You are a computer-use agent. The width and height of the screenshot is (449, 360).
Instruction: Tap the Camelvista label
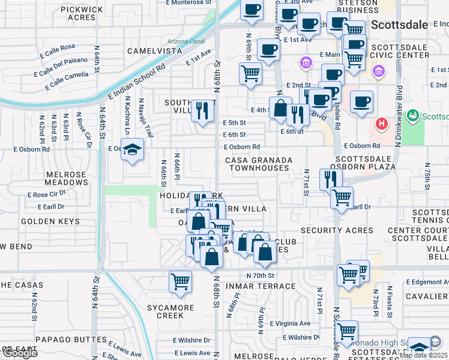154,51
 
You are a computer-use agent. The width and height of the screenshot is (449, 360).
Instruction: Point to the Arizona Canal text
186,41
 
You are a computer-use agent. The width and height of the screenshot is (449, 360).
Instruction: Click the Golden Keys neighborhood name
50,221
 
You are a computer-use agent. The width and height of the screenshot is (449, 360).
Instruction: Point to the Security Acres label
337,230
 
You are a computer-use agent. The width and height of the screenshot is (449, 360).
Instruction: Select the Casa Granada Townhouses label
259,164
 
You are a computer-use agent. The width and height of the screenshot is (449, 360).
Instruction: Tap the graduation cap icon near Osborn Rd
133,150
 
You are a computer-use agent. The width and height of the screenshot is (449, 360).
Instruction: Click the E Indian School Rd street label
137,79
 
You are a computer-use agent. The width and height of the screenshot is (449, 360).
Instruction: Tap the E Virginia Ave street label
291,323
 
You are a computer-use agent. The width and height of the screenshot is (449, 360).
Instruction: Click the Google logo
20,353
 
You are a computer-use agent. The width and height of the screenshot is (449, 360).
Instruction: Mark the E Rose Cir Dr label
46,194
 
